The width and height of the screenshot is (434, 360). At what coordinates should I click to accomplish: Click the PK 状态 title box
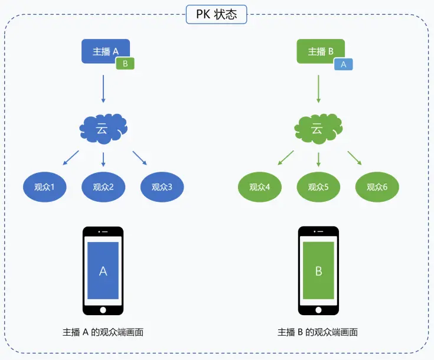point(216,14)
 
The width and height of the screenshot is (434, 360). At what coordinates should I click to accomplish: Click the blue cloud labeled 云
point(103,128)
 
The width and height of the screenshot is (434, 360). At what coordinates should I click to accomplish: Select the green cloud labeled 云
point(318,128)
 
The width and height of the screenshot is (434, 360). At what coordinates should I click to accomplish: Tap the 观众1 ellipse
point(44,188)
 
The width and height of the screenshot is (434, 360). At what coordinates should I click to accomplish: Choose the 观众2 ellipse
point(103,188)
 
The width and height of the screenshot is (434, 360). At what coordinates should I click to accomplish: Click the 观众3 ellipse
point(162,188)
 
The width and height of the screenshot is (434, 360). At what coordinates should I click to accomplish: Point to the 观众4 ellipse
point(260,188)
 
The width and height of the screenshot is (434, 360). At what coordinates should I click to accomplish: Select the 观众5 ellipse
point(318,188)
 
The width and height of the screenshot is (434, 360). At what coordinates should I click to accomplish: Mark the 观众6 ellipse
point(377,188)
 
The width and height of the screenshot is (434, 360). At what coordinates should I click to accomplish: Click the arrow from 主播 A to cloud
point(103,89)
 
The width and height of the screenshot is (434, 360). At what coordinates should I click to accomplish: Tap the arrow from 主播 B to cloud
point(319,89)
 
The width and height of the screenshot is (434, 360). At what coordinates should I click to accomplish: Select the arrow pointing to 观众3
point(139,158)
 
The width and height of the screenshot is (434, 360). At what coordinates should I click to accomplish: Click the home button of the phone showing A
point(103,309)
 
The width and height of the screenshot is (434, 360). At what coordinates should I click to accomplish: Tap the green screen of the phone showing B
point(319,270)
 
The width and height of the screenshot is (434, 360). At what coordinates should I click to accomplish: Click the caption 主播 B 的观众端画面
point(318,332)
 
